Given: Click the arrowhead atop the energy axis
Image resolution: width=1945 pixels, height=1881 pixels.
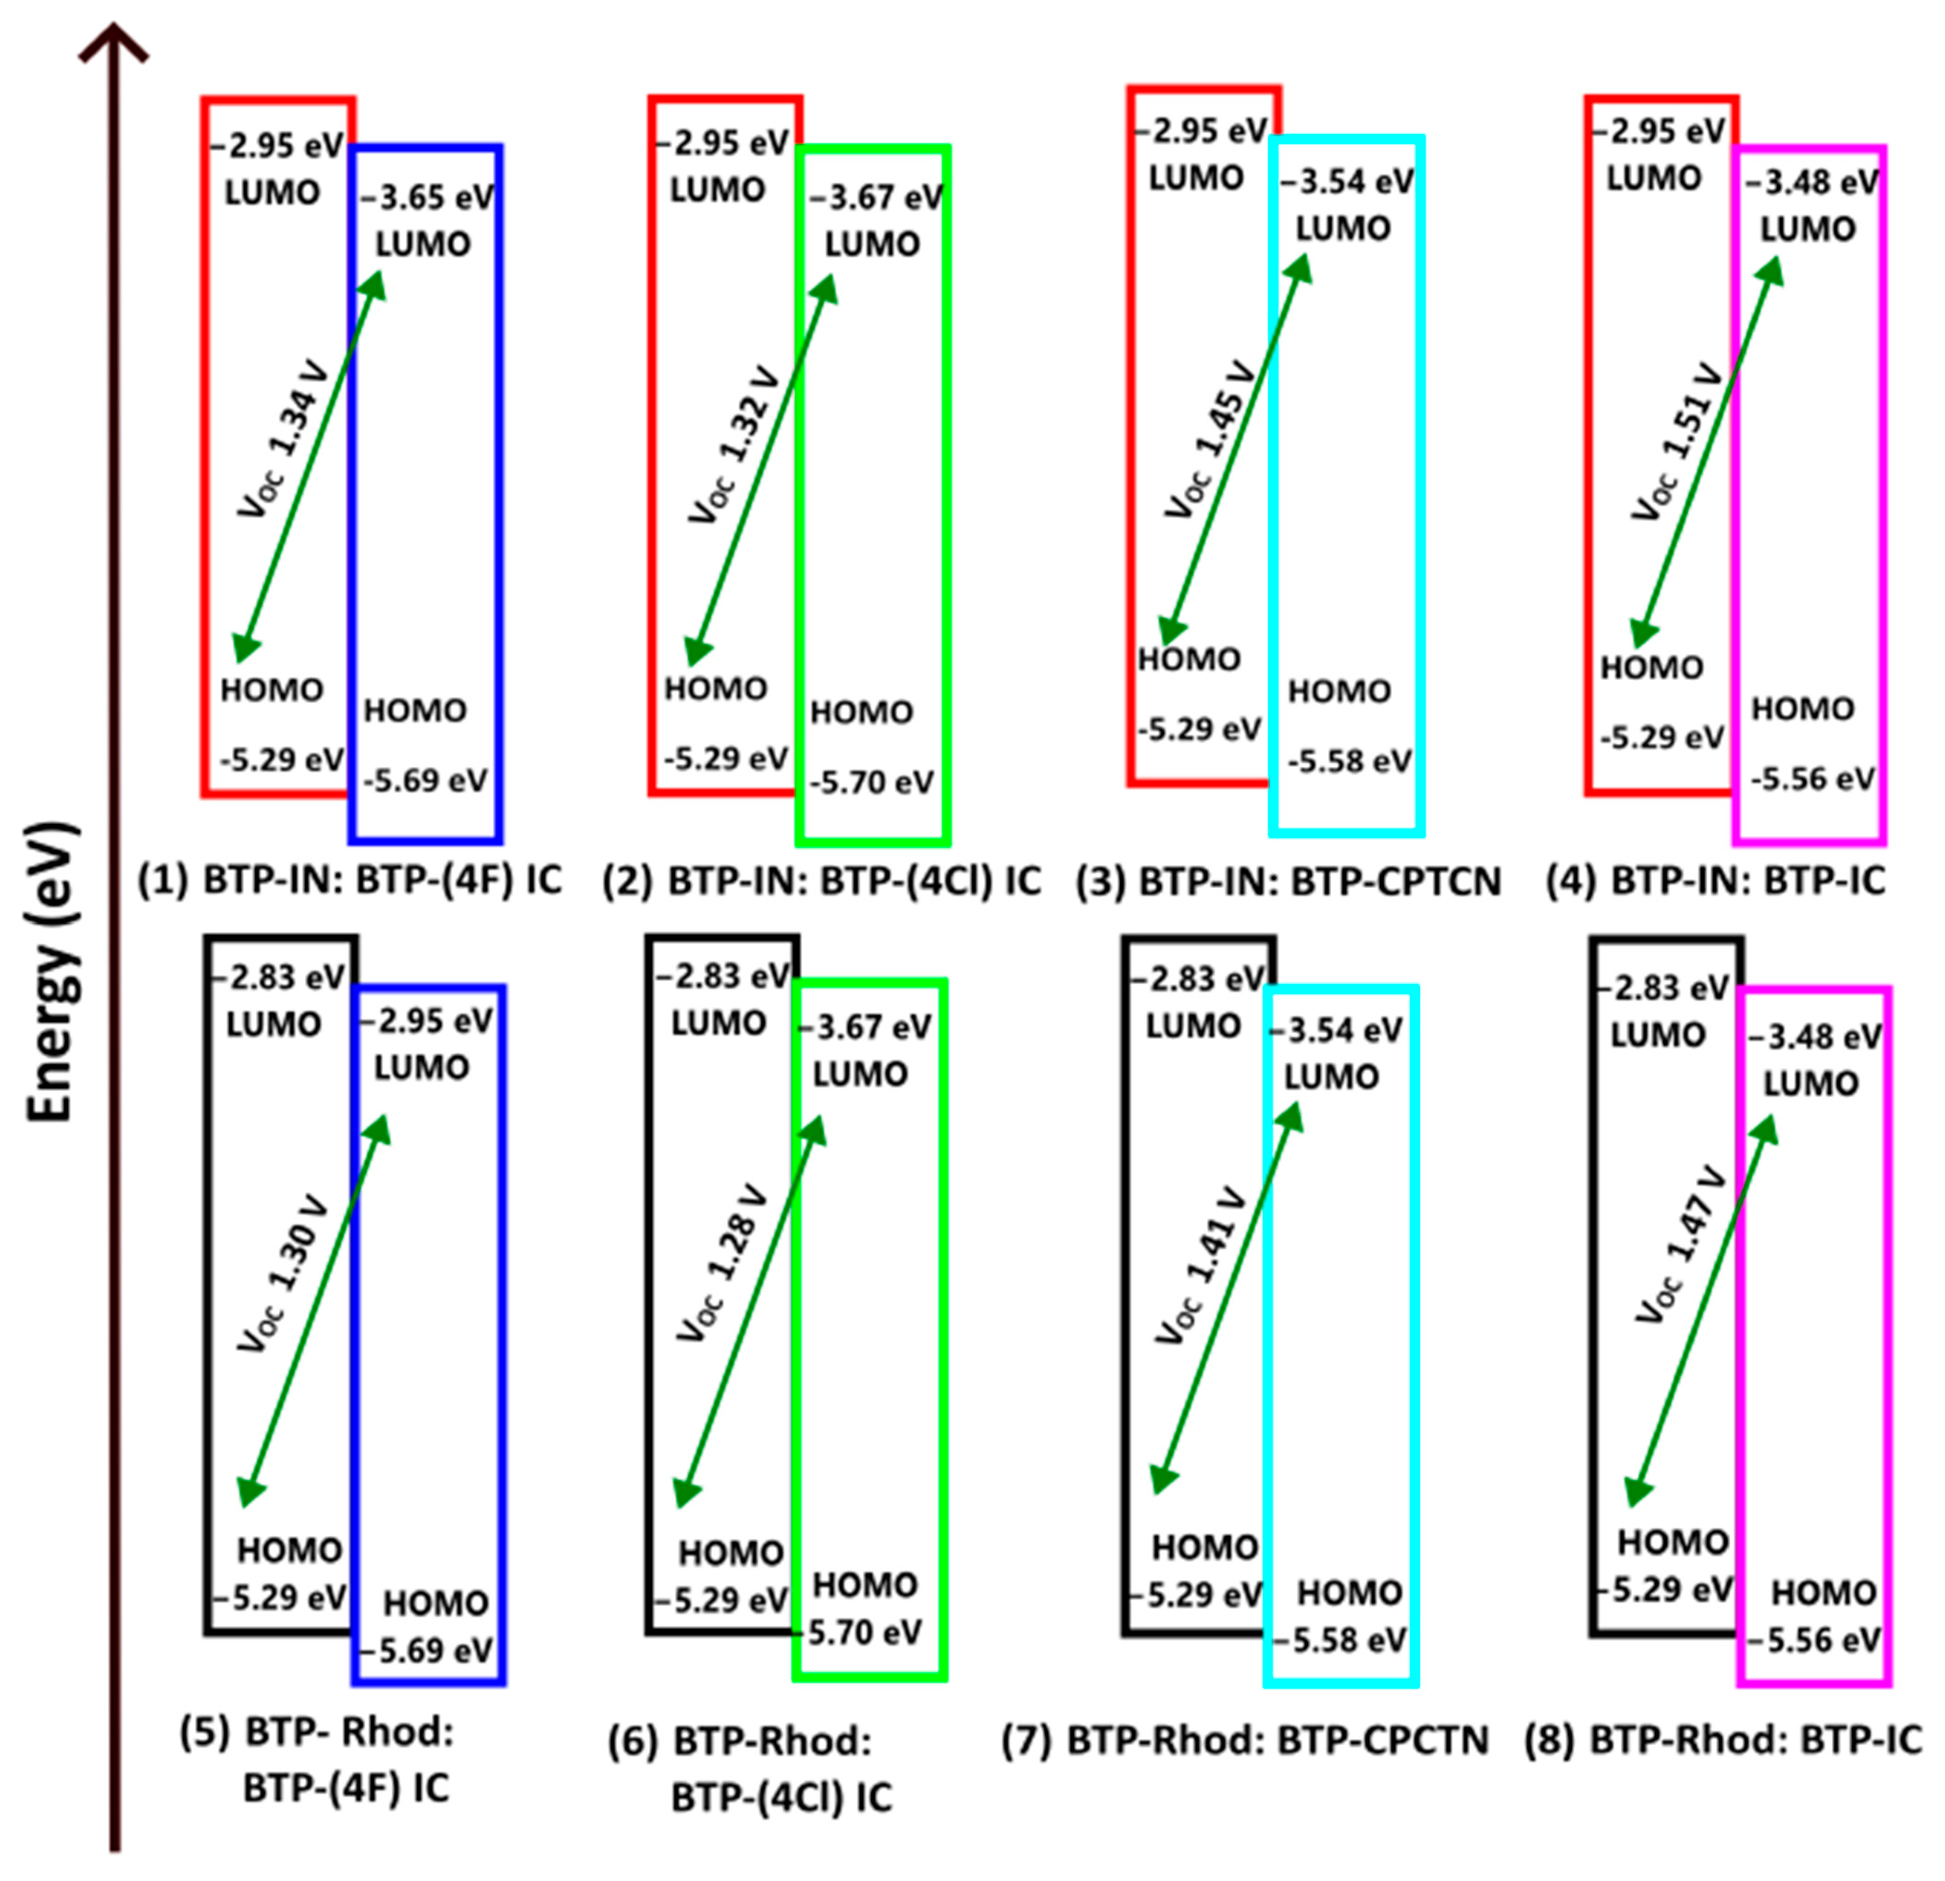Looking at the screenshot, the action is [x=114, y=40].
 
